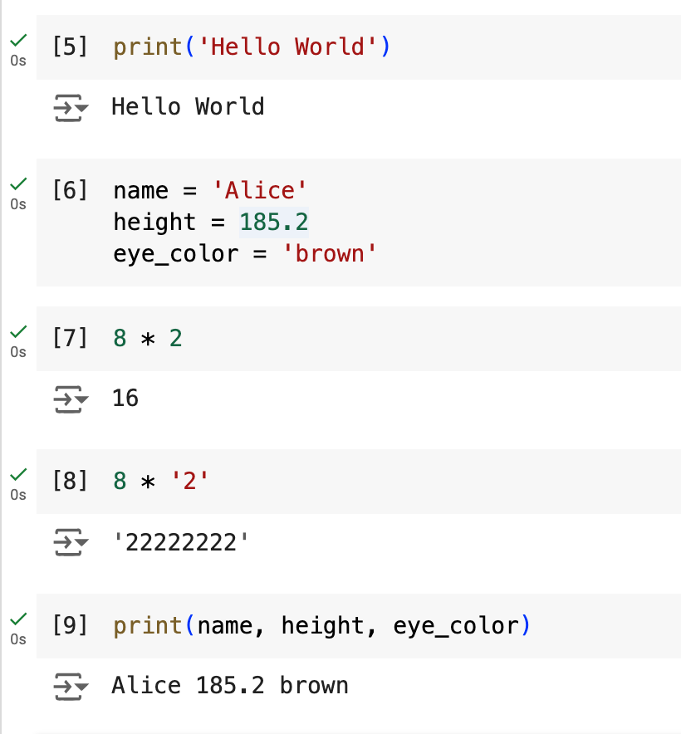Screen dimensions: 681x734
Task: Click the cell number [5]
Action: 70,46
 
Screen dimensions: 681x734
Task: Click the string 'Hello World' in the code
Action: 287,46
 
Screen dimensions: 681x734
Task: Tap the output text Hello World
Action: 188,106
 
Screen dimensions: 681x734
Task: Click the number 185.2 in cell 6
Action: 274,223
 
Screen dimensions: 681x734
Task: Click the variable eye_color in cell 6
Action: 174,253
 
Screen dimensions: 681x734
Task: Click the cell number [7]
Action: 70,339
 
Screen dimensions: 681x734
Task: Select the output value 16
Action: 125,399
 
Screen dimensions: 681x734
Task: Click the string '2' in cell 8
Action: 191,482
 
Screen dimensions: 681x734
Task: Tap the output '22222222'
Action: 180,542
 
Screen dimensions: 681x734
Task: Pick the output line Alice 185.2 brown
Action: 230,685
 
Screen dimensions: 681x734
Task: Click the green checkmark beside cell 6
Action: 18,183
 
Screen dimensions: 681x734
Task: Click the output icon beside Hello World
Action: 70,107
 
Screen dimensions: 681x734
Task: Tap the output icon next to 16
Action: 70,399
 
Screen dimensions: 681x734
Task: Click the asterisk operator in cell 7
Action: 149,340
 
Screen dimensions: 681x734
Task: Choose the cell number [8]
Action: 70,482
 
